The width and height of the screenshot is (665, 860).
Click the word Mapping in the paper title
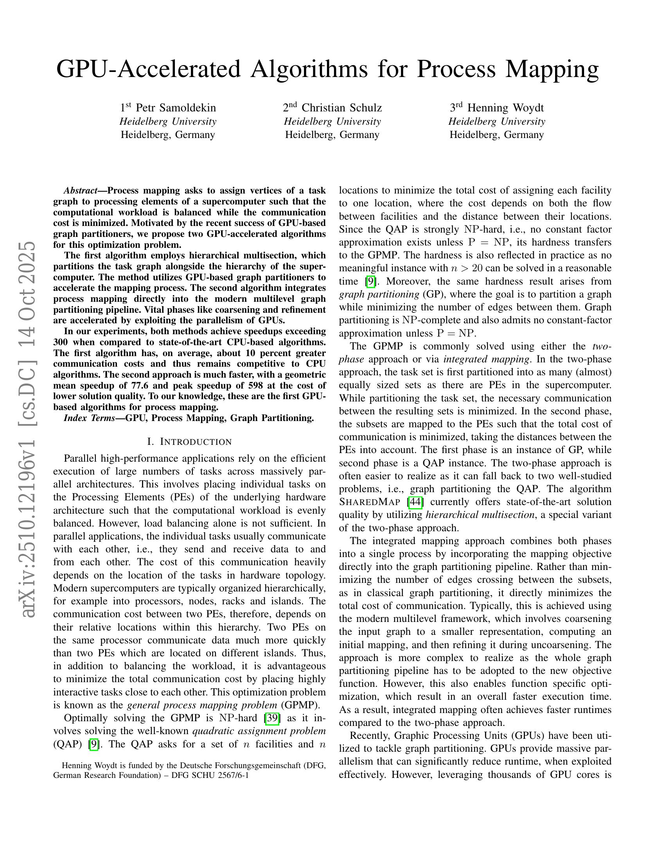(552, 69)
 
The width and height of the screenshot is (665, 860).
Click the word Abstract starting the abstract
(80, 191)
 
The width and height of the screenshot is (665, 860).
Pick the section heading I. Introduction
(189, 442)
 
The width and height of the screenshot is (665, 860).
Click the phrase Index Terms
(89, 418)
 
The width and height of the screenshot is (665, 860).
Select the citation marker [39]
(273, 718)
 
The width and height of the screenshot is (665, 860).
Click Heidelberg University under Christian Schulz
(332, 122)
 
